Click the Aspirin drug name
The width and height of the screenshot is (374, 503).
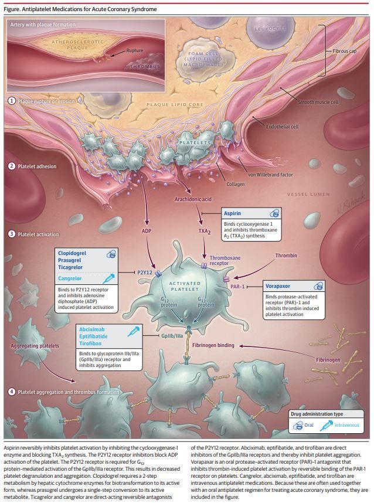(232, 213)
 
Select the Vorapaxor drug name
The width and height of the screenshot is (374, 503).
(278, 286)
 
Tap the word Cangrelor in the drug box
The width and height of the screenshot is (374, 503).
(70, 278)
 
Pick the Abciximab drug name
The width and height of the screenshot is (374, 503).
(91, 329)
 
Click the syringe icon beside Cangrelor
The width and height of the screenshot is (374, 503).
(108, 278)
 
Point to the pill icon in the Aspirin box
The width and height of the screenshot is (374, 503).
(274, 213)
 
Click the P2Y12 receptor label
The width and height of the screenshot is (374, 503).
(145, 273)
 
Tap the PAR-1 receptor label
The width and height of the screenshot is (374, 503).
(237, 287)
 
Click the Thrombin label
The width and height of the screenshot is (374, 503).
(286, 256)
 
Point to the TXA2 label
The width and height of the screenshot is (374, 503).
(205, 232)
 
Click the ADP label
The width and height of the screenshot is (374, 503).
(147, 230)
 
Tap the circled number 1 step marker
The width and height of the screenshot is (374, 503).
(12, 101)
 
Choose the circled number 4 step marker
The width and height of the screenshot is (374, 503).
(12, 392)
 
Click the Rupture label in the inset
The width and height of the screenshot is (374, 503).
(135, 50)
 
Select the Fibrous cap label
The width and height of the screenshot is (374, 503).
(345, 51)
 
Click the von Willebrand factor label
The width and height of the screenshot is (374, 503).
(270, 175)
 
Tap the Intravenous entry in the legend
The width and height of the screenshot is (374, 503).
(346, 425)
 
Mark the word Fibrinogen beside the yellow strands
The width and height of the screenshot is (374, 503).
(328, 360)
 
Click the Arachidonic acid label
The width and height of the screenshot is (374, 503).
(193, 199)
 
